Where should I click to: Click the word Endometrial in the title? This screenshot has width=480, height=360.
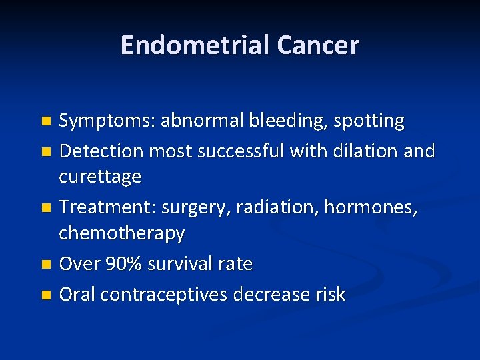194,45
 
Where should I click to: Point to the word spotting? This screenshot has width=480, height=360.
369,121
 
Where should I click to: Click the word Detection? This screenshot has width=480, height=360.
101,151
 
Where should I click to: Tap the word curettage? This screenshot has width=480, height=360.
100,177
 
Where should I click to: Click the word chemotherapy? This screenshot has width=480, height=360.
122,233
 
